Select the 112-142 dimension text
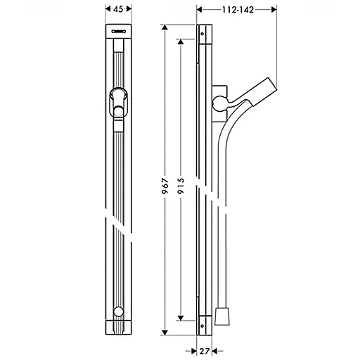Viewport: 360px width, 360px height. click(x=237, y=10)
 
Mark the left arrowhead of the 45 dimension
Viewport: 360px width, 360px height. click(x=106, y=10)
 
